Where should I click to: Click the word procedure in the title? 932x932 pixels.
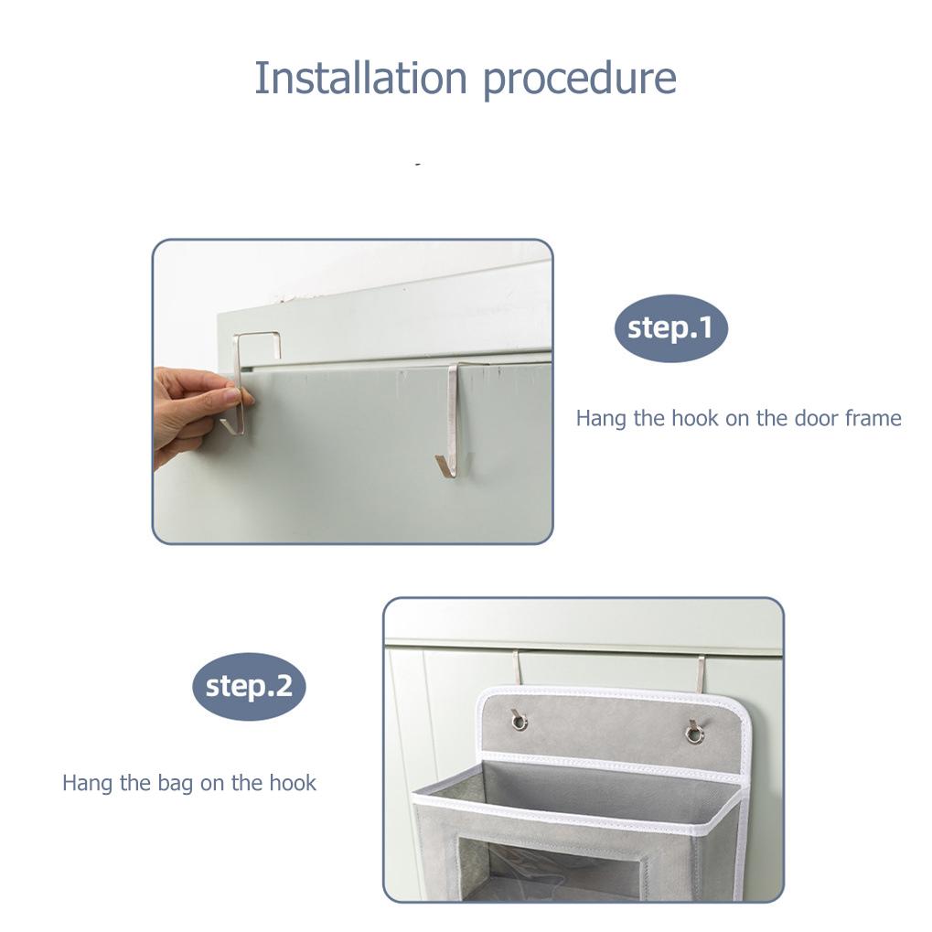579,80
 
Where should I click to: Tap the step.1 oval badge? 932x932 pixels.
670,328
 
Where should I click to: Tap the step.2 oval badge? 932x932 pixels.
249,686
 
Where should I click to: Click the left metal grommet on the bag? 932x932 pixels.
520,722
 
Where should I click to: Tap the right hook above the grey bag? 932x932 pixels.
700,670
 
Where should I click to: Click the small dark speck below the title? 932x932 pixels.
418,164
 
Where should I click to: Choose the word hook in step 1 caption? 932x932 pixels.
696,418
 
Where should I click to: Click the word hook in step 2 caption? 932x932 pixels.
293,783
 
